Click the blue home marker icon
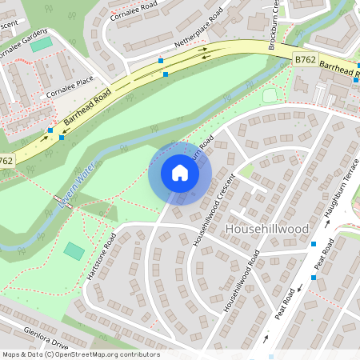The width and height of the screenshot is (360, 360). coord(180,173)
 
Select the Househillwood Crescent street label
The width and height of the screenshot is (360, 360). coord(212,210)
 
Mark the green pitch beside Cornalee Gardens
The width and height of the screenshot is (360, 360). coord(40,45)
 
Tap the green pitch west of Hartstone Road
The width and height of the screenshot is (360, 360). coord(74,250)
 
